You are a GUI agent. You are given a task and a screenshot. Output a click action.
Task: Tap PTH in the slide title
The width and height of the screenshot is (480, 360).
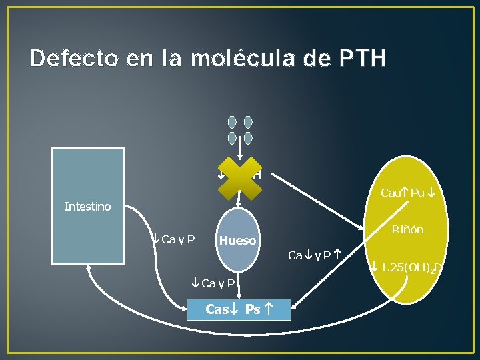pos(361,58)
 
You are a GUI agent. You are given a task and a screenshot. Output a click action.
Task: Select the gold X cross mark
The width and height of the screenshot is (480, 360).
pos(238,175)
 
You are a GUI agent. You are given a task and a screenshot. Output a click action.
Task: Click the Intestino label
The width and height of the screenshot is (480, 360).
pos(87,207)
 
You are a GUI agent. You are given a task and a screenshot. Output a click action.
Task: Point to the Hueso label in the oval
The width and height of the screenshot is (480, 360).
pos(238,241)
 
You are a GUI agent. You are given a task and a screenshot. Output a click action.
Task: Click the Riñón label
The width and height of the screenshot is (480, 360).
pos(407,230)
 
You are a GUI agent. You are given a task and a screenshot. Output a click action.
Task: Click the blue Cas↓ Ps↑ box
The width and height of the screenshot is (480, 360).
pos(239,309)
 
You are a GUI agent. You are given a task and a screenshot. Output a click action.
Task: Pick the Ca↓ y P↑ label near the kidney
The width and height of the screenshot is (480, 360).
pos(314,254)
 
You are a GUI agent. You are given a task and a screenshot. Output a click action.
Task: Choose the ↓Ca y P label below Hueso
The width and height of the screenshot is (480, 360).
pos(213,283)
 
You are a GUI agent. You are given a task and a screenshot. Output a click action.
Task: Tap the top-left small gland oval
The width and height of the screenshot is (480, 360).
pos(232,123)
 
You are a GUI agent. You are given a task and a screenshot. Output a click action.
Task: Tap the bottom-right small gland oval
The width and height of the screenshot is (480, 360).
pos(248,138)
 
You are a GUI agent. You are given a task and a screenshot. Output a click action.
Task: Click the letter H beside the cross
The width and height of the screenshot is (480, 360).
pos(257,175)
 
